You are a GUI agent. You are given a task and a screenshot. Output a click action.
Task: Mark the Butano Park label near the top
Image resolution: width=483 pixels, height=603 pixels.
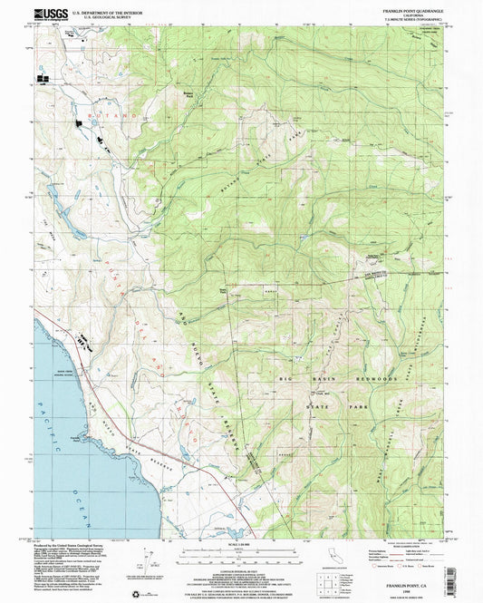(188, 94)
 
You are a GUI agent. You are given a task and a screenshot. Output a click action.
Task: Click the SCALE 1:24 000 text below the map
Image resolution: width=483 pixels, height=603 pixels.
(241, 547)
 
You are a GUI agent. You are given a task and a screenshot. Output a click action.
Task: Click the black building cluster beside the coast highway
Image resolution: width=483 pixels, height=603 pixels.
(83, 342)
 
